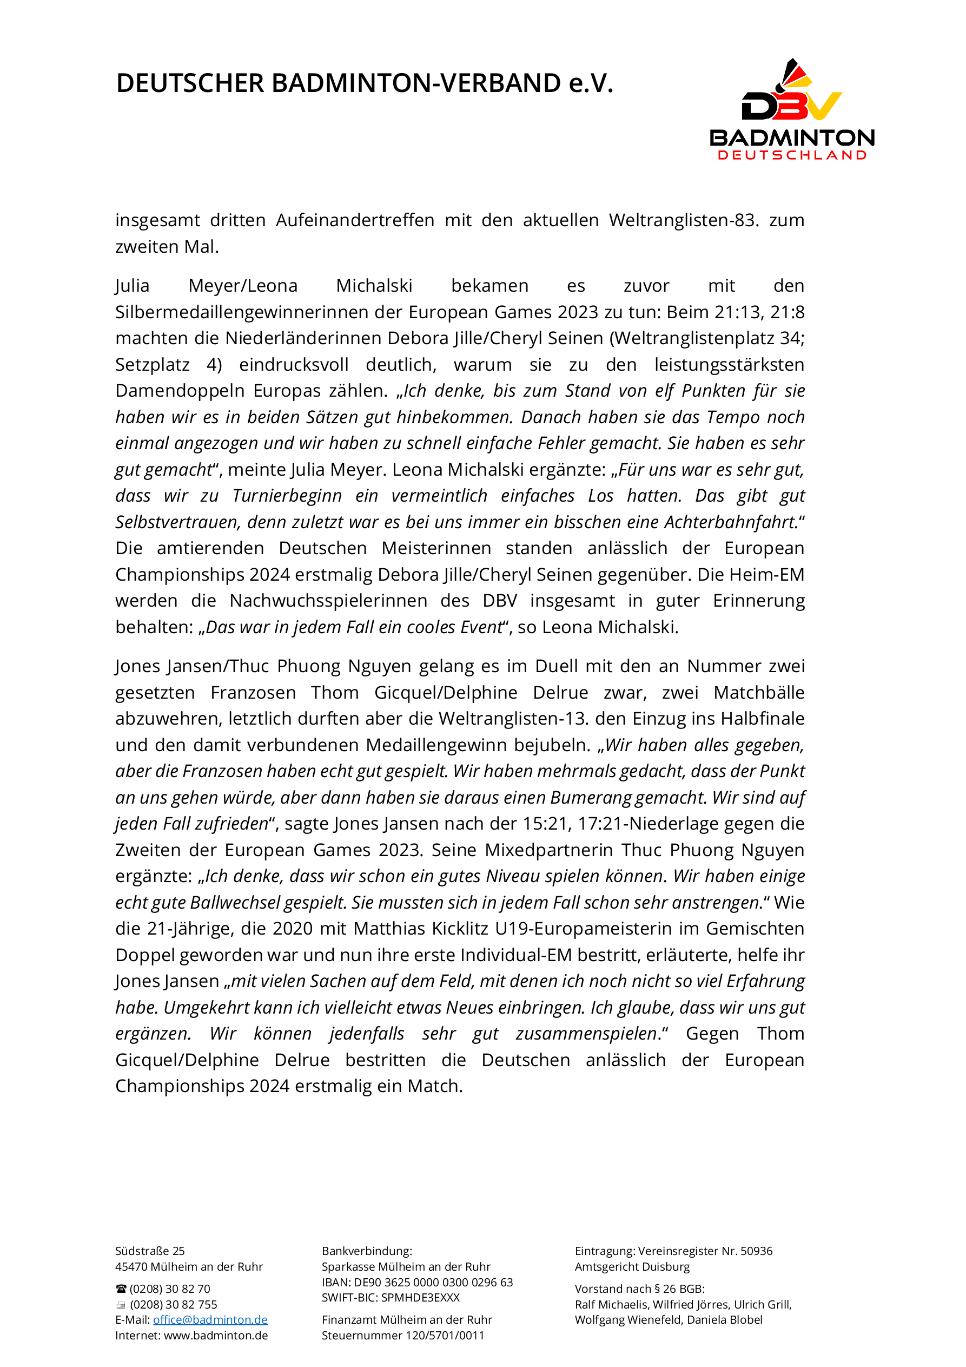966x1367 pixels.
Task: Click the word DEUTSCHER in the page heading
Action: [190, 83]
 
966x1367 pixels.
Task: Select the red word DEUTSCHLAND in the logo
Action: [792, 155]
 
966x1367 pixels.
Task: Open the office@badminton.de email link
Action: [210, 1320]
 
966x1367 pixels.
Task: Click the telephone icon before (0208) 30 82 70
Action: [121, 1289]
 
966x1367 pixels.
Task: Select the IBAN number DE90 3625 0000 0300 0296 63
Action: [433, 1283]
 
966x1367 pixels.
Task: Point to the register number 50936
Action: [756, 1251]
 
